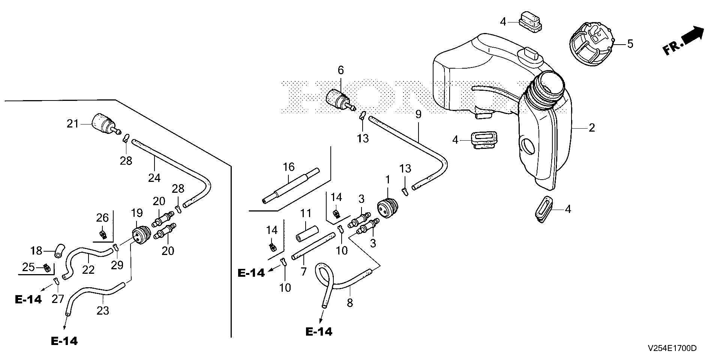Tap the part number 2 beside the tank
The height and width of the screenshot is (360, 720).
(592, 128)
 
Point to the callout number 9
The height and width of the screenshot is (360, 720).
(418, 114)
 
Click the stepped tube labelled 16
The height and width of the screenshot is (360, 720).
(291, 186)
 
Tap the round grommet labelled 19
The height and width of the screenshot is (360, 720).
(141, 235)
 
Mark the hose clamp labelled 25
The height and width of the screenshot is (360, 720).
(46, 268)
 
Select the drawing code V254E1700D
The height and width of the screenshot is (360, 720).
(672, 348)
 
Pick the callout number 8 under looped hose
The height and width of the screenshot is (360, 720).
(350, 302)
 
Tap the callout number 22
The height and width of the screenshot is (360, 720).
(88, 269)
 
